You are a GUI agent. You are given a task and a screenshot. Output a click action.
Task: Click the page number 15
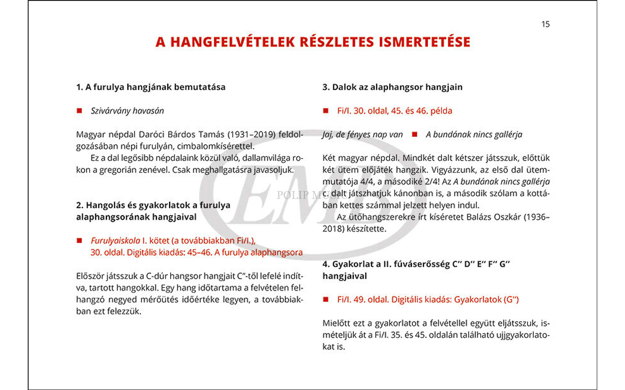pyautogui.click(x=545, y=24)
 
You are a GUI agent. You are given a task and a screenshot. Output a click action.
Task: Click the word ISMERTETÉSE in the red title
pyautogui.click(x=424, y=42)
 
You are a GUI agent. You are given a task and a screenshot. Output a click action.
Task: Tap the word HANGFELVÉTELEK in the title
pyautogui.click(x=232, y=42)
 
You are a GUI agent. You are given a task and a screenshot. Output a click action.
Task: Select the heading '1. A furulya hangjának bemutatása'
pyautogui.click(x=151, y=87)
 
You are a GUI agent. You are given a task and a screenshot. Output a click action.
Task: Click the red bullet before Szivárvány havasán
pyautogui.click(x=79, y=111)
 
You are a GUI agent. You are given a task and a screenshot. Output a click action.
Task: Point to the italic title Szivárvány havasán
pyautogui.click(x=127, y=111)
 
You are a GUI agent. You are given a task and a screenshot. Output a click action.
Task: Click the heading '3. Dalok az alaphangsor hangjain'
pyautogui.click(x=392, y=87)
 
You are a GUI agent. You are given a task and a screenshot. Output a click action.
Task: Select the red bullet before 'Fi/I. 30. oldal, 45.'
pyautogui.click(x=326, y=111)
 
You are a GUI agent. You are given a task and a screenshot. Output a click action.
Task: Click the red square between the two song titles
pyautogui.click(x=414, y=135)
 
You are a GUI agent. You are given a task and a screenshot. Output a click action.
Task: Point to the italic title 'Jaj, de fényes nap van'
pyautogui.click(x=362, y=135)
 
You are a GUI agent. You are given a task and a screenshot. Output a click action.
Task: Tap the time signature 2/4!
pyautogui.click(x=431, y=182)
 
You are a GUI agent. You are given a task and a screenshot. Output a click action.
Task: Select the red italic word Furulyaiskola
pyautogui.click(x=115, y=241)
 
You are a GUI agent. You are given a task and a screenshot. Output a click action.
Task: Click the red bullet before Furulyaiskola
pyautogui.click(x=79, y=241)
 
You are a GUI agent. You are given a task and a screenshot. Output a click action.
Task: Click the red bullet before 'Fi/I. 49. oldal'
pyautogui.click(x=326, y=300)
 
